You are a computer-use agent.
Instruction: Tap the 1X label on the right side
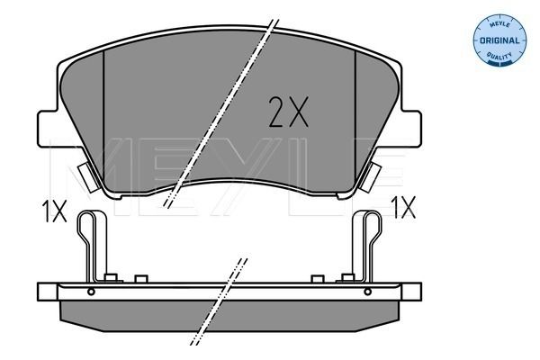click(403, 209)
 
